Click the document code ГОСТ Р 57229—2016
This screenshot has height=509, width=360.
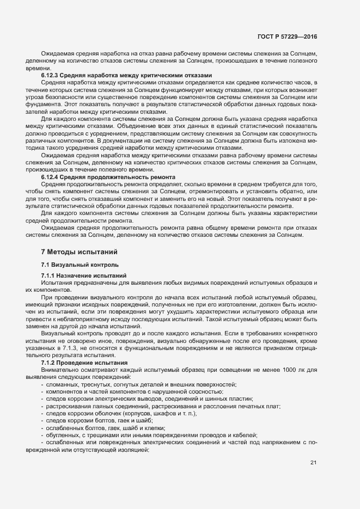(287, 37)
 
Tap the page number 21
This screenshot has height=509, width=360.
(313, 463)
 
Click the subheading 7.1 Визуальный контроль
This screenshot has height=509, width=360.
(80, 265)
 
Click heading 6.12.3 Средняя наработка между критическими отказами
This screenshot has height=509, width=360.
(126, 75)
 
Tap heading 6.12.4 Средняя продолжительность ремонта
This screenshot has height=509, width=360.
(108, 177)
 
